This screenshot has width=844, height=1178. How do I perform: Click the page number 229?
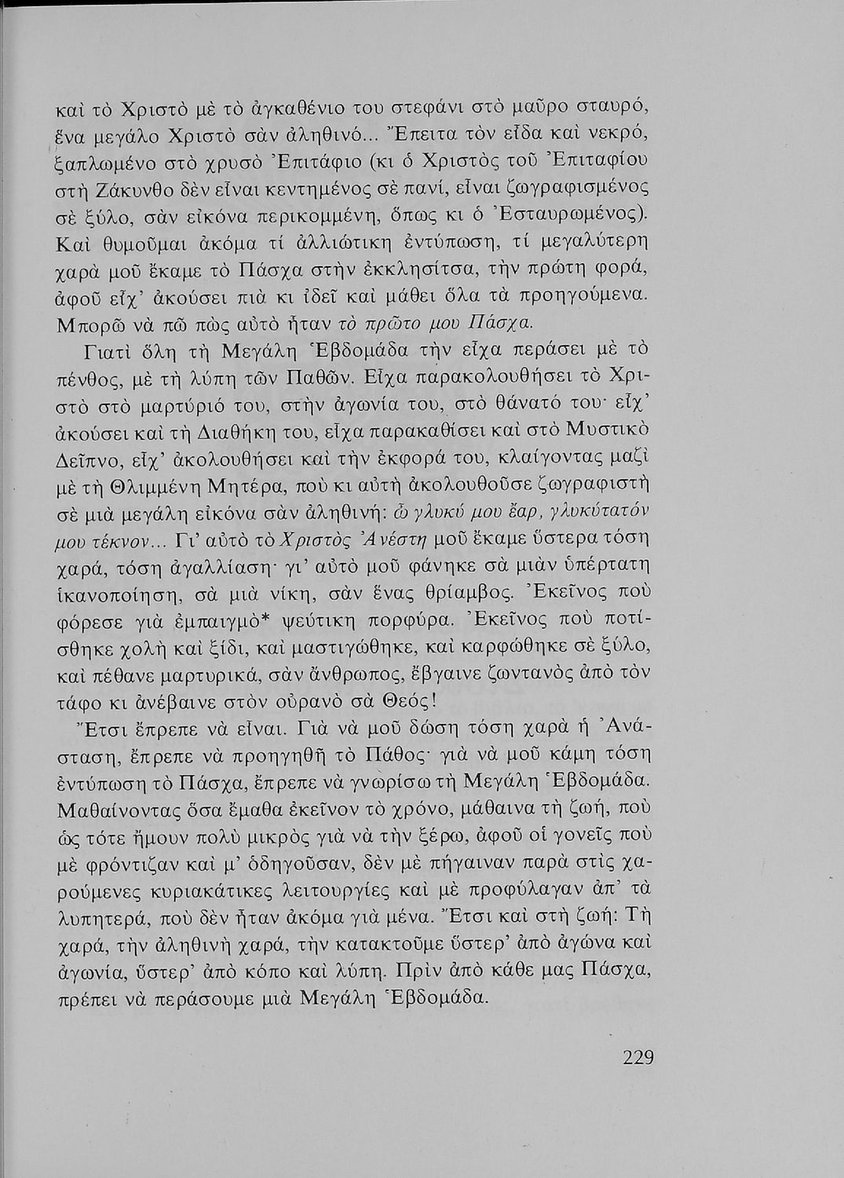click(x=638, y=1056)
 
